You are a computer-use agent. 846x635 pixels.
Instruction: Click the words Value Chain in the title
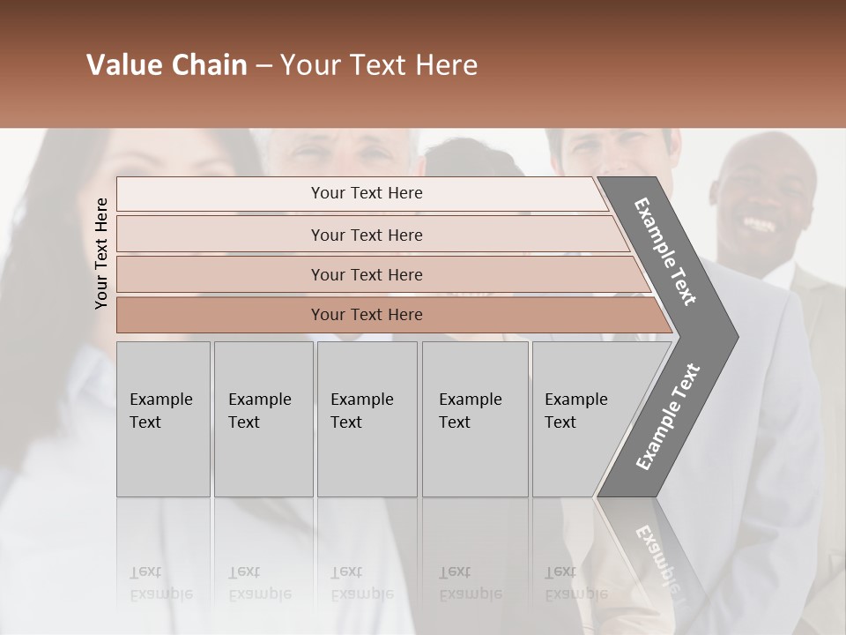point(167,65)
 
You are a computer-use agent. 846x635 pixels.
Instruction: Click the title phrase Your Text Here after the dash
point(378,65)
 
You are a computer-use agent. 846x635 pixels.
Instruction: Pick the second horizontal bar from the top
point(366,235)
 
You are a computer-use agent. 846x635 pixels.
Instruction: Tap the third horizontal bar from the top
point(366,274)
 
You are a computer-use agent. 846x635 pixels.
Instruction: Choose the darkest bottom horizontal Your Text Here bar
point(366,315)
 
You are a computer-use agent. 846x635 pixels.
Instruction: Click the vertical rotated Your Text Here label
point(101,253)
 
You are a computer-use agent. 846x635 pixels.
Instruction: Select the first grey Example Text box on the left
point(163,419)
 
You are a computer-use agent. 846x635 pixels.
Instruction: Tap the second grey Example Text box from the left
point(263,419)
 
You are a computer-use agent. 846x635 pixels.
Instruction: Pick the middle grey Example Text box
point(367,419)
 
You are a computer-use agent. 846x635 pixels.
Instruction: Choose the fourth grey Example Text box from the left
point(475,419)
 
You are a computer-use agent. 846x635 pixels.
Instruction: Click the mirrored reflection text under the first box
point(160,583)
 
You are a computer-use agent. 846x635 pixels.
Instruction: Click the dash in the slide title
point(263,66)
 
